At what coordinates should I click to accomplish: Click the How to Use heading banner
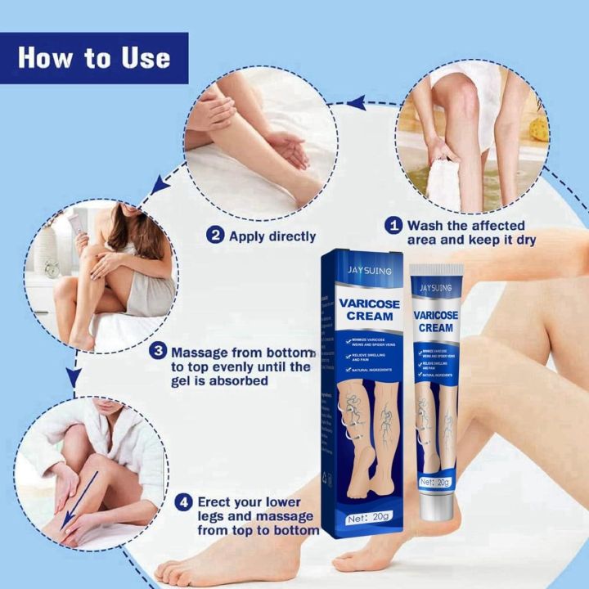94,58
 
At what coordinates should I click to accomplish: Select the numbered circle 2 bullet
215,236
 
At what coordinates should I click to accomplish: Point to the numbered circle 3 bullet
158,352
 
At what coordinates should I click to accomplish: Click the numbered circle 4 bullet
186,501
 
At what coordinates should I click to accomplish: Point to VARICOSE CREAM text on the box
366,308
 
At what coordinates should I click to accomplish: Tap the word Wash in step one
425,225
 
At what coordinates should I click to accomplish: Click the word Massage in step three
200,352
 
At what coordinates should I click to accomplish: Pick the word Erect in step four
218,501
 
